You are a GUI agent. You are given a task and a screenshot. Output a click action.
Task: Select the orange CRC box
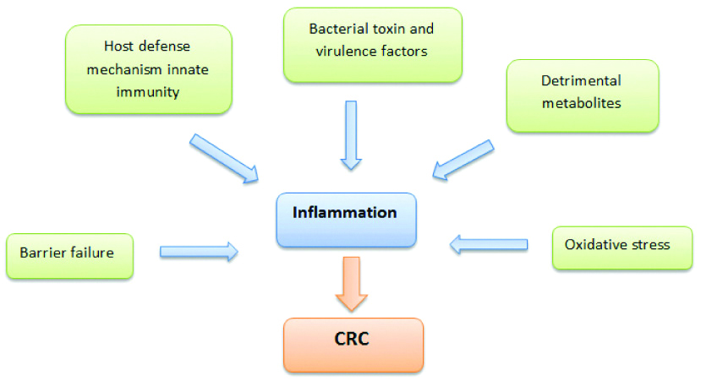pyautogui.click(x=353, y=345)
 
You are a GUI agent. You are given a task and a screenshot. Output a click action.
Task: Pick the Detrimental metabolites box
pyautogui.click(x=582, y=95)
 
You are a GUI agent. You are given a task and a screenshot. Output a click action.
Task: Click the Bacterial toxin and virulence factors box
pyautogui.click(x=372, y=44)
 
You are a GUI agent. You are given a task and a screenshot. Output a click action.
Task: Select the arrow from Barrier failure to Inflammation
pyautogui.click(x=198, y=251)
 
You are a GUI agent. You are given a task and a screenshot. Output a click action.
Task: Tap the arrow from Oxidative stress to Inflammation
pyautogui.click(x=488, y=245)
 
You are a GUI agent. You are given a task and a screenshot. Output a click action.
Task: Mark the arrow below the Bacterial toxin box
pyautogui.click(x=351, y=134)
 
